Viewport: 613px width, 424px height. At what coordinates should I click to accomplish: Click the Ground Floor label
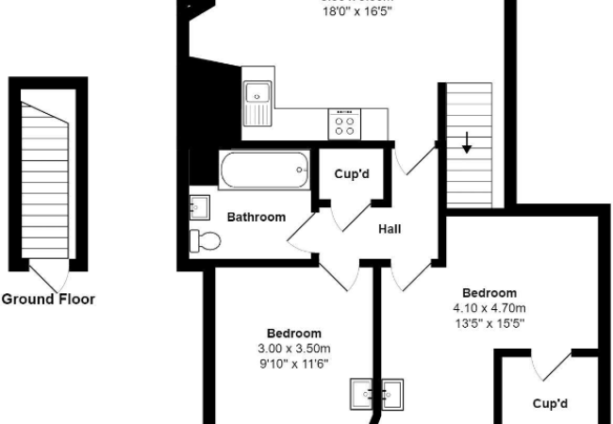[x=48, y=300]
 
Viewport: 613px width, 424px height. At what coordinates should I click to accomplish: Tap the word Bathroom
[x=256, y=217]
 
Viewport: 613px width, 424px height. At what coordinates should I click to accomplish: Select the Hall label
[x=391, y=229]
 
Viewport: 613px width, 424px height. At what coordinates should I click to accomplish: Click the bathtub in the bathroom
[x=264, y=171]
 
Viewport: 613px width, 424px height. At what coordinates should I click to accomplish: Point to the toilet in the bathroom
[x=204, y=241]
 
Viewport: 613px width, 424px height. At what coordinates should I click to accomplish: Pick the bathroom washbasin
[x=199, y=205]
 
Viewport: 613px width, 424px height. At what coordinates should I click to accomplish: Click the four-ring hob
[x=344, y=123]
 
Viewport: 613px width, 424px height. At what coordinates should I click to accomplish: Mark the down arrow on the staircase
[x=467, y=143]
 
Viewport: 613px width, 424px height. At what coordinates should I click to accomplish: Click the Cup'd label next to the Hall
[x=351, y=174]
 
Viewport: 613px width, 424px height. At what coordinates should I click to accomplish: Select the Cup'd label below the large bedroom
[x=550, y=403]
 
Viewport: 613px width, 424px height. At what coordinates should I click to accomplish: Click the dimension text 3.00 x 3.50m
[x=294, y=349]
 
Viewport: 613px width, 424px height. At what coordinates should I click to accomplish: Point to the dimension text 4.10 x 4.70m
[x=489, y=308]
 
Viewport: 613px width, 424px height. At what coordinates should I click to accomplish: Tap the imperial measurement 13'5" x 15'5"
[x=489, y=323]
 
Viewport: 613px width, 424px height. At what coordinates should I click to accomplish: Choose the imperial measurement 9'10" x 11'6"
[x=294, y=364]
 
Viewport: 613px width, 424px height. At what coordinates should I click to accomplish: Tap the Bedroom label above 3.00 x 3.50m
[x=294, y=334]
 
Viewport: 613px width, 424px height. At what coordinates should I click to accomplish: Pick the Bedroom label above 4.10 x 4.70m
[x=489, y=293]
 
